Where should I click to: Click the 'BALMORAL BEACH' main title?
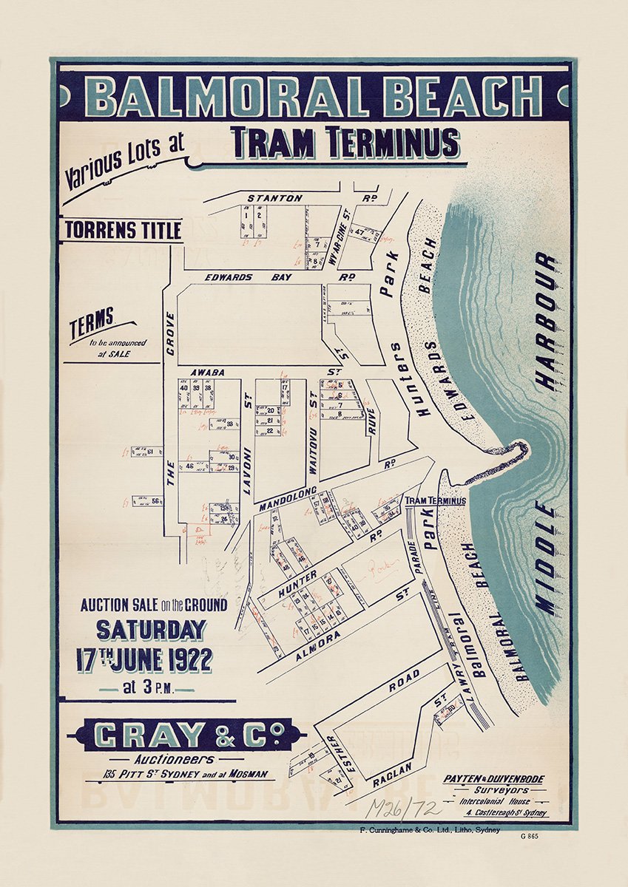click(314, 97)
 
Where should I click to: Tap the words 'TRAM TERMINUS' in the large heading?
click(345, 143)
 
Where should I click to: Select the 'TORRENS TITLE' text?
click(123, 231)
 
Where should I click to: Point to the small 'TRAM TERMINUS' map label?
click(436, 500)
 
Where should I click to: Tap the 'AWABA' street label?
click(208, 373)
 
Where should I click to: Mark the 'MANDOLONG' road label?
click(288, 499)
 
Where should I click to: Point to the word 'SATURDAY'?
click(151, 630)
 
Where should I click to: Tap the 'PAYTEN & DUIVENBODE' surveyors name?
click(496, 779)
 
